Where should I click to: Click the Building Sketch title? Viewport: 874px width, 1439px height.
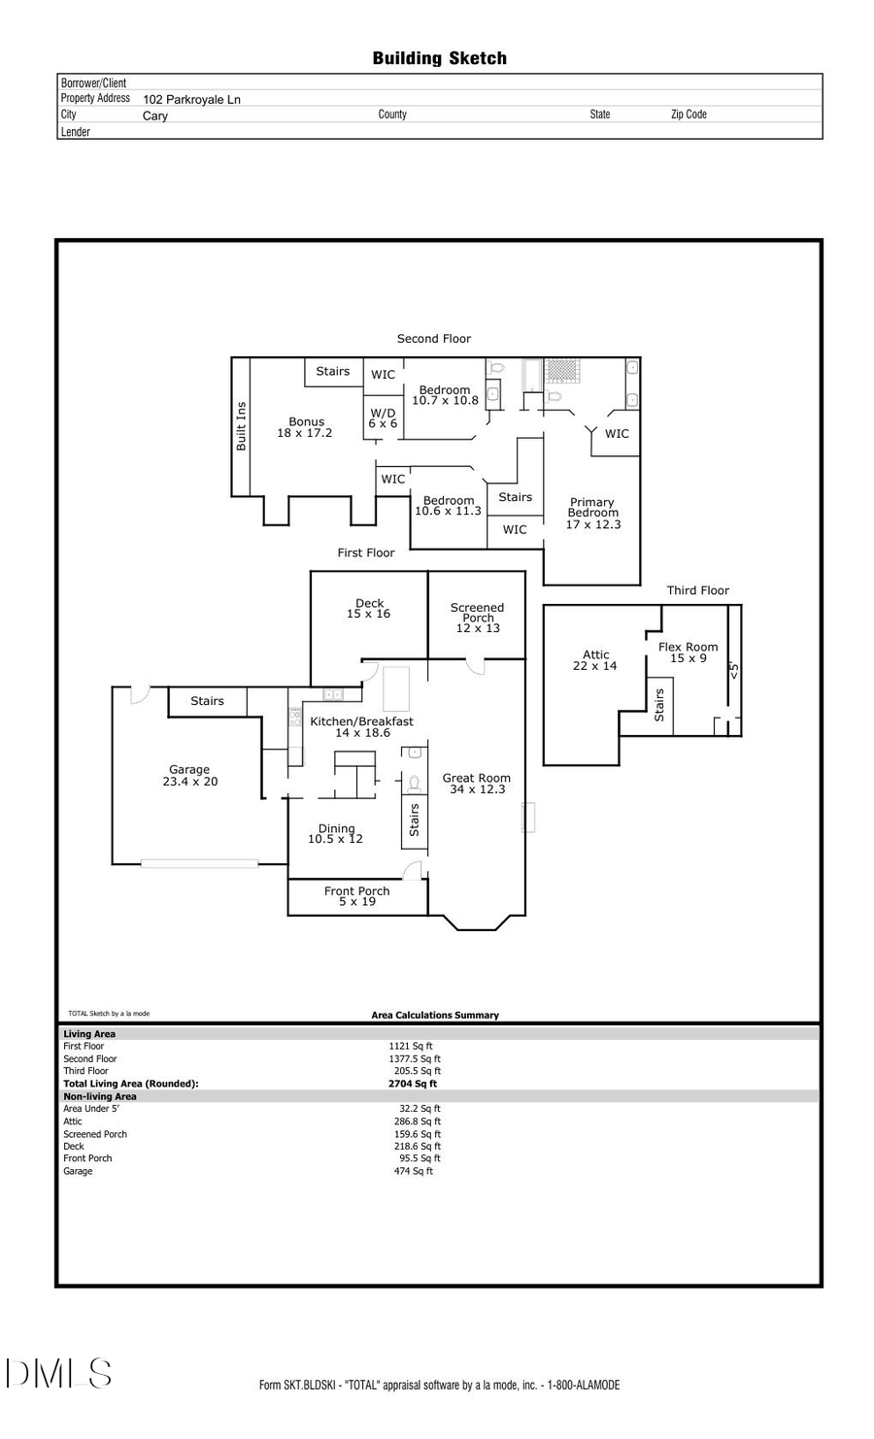(x=439, y=58)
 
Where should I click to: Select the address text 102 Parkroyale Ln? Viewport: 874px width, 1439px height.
(x=191, y=99)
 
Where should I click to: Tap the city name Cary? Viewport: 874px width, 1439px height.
(x=155, y=116)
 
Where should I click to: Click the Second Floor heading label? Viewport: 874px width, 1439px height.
(x=433, y=339)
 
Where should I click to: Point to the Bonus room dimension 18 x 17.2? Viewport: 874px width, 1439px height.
(x=305, y=433)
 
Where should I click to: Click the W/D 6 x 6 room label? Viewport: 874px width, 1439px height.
(x=383, y=418)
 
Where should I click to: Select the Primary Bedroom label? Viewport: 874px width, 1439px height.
(x=592, y=508)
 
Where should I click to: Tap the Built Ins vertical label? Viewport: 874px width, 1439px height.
(x=242, y=426)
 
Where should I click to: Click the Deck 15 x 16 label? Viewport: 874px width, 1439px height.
(x=369, y=609)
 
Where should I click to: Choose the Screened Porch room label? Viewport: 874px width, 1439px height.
(x=477, y=613)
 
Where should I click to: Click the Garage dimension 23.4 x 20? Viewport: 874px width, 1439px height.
(x=190, y=782)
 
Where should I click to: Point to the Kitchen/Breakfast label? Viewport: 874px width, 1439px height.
(x=361, y=721)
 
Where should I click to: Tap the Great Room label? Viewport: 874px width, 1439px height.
(x=476, y=778)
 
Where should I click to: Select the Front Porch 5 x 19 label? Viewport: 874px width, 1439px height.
(x=357, y=896)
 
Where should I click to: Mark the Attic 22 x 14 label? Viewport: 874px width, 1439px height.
(x=595, y=660)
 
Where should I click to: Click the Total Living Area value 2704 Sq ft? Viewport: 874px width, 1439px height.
(x=413, y=1084)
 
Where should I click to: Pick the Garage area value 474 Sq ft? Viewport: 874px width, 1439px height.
(x=414, y=1171)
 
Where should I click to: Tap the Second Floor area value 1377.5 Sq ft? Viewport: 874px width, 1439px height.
(x=415, y=1058)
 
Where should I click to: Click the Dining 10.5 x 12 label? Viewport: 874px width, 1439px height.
(x=336, y=834)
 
